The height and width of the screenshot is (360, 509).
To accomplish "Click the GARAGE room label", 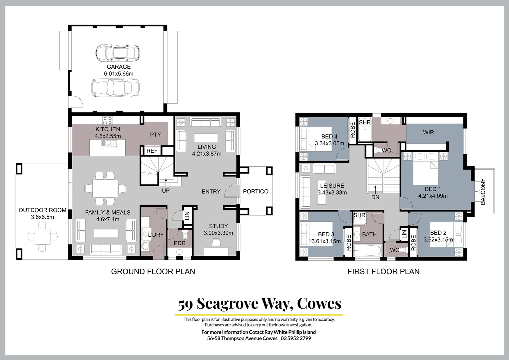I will tap(119, 67).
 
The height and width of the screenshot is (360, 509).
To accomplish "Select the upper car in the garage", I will tap(117, 53).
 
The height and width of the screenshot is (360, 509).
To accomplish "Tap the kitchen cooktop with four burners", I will tap(108, 120).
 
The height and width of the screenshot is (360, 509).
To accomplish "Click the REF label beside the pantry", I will tap(152, 151).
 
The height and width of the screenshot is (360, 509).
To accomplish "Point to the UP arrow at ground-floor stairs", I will tap(166, 182).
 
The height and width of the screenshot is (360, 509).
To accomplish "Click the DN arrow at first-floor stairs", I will tap(375, 189).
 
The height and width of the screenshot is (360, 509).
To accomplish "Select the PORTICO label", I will tap(255, 191).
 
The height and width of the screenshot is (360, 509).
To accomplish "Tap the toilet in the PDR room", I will tap(185, 235).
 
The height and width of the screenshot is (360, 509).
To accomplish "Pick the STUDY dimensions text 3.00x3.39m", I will tap(218, 233).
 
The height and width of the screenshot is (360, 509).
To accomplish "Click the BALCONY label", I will tap(483, 191).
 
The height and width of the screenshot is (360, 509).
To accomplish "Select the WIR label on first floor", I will tap(428, 132).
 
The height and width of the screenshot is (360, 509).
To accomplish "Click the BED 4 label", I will tap(329, 136).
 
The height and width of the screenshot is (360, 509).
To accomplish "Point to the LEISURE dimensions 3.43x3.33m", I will tap(332, 192).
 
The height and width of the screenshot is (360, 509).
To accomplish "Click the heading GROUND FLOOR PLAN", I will tap(153, 271).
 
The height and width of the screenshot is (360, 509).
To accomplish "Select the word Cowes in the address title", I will tap(319, 303).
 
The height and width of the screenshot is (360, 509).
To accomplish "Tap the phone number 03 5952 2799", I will tap(296, 338).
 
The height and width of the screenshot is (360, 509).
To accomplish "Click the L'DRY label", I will tap(156, 235).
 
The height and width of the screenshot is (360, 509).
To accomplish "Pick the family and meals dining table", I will tap(105, 189).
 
